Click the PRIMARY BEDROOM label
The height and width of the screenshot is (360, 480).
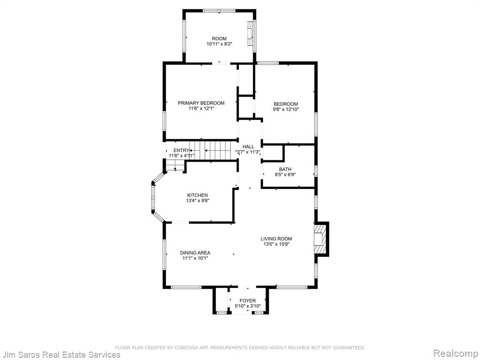tap(201, 103)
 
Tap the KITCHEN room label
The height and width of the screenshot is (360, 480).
tap(197, 195)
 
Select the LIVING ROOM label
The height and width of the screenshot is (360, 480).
tap(277, 239)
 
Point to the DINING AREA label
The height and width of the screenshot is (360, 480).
tap(195, 253)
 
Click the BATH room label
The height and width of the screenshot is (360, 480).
tap(285, 169)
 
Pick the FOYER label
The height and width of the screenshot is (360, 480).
tap(247, 300)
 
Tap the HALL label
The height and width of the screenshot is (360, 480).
tap(248, 147)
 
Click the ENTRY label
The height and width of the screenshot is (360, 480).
tap(181, 150)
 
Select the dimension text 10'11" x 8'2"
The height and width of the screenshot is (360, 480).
tap(219, 44)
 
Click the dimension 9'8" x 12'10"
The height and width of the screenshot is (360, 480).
tap(285, 109)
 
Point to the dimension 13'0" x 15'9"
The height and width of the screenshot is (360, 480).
tap(277, 244)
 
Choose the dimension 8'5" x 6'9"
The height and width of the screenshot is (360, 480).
tap(285, 175)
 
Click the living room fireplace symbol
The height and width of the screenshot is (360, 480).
tap(319, 239)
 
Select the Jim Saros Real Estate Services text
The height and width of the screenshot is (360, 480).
tap(60, 354)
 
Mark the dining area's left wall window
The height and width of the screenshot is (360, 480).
tap(165, 255)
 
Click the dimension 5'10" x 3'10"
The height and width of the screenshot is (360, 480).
tap(247, 306)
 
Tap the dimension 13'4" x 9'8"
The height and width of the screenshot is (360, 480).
tap(197, 201)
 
